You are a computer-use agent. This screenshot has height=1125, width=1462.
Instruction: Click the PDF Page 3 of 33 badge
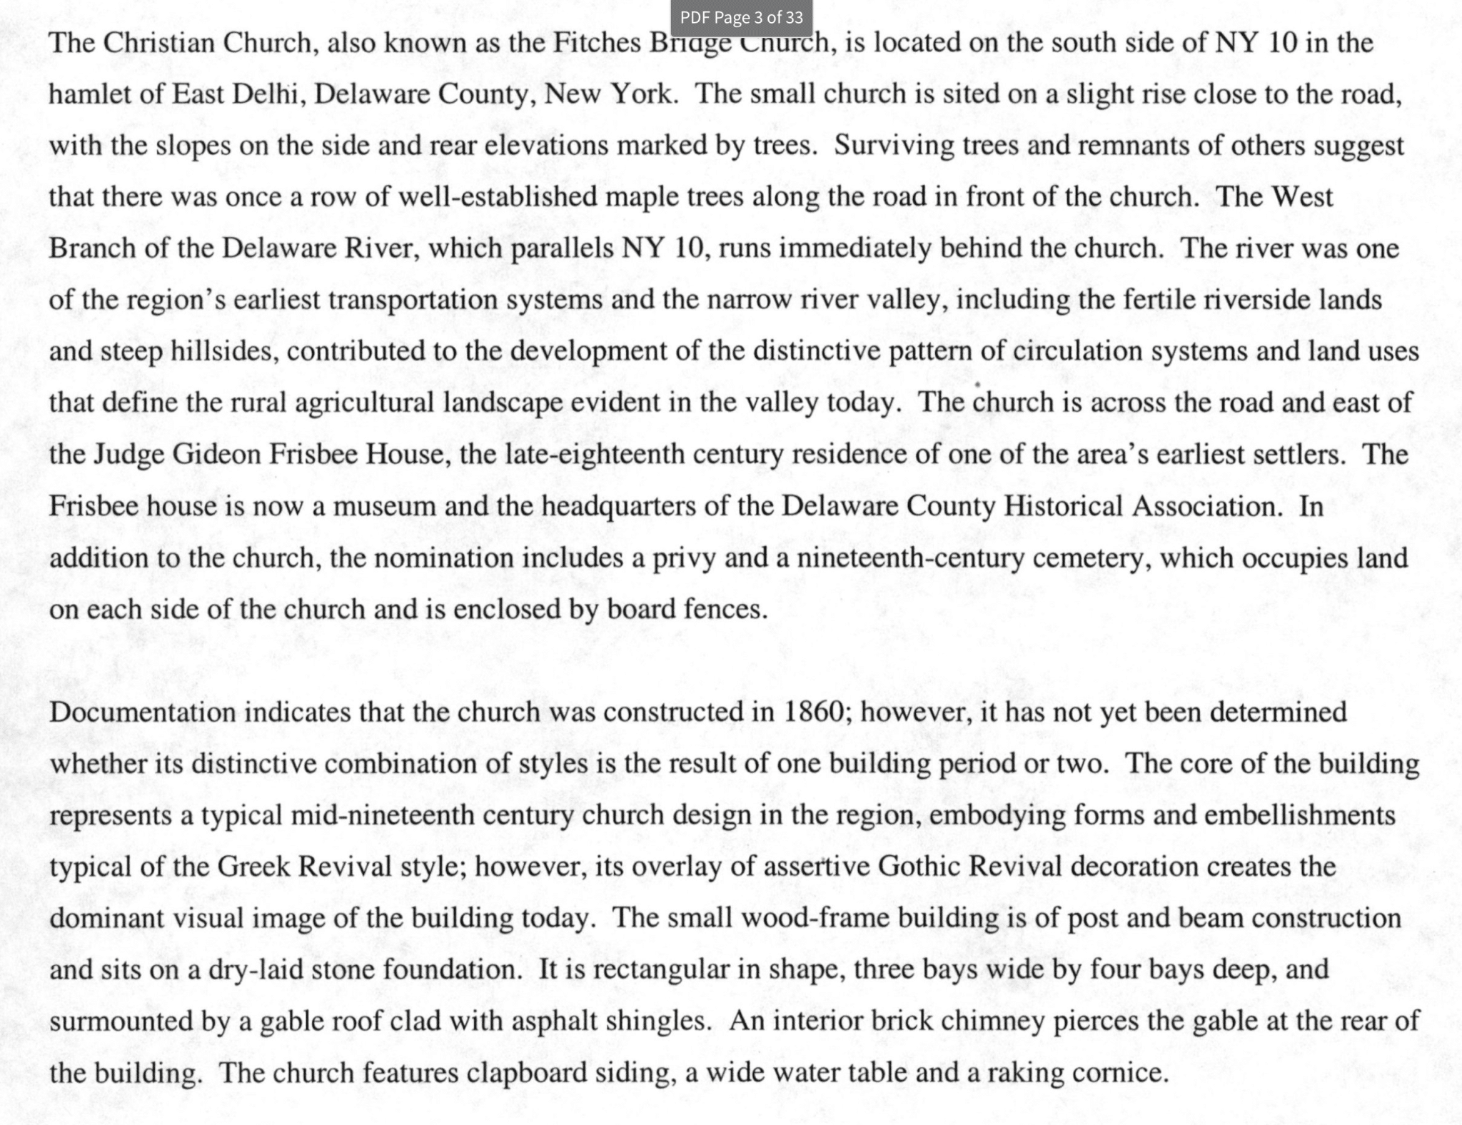point(742,18)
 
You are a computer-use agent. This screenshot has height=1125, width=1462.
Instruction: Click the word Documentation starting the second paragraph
point(142,712)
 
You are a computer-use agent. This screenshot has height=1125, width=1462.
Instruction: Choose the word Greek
point(253,867)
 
